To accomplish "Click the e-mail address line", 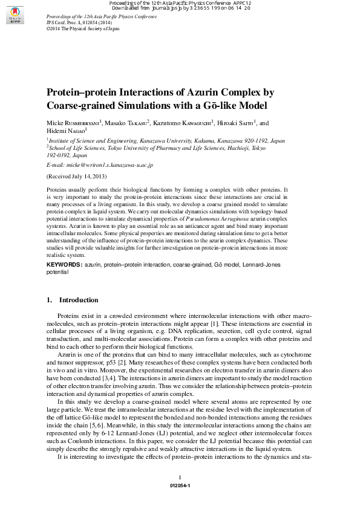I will (x=100, y=164).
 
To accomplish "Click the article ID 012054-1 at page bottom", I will (x=180, y=485).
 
